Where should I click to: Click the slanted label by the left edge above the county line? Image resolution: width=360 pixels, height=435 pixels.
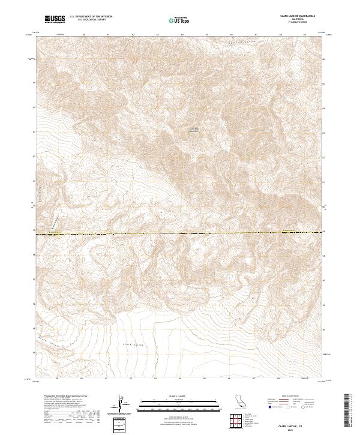coord(56,222)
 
